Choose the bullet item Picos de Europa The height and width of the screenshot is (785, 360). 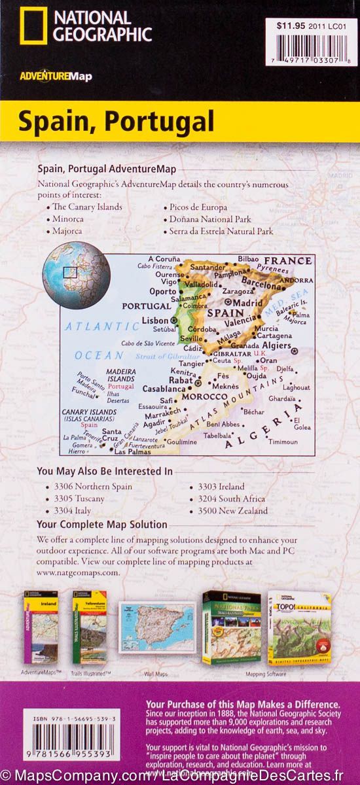[194, 207]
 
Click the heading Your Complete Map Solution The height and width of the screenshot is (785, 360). [102, 525]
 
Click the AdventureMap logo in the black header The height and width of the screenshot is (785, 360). [56, 77]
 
